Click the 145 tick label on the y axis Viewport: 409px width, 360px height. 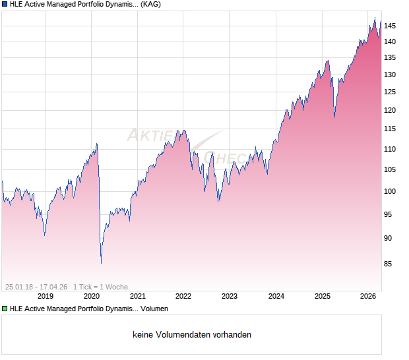(x=391, y=26)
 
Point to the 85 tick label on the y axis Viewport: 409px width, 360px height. (x=389, y=264)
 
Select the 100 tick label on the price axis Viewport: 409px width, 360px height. (x=391, y=192)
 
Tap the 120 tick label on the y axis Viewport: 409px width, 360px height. (x=391, y=110)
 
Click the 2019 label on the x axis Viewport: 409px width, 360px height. (x=45, y=296)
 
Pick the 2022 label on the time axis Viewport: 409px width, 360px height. (x=183, y=296)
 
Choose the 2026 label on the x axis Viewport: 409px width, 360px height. (x=367, y=296)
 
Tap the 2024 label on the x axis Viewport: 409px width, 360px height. (x=275, y=296)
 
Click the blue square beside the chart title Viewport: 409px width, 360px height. (x=5, y=5)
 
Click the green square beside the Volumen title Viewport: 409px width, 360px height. (x=5, y=309)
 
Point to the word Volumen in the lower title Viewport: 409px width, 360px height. (x=154, y=309)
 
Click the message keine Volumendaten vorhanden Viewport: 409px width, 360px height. (x=192, y=335)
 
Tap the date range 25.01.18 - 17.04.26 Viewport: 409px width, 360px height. (x=36, y=287)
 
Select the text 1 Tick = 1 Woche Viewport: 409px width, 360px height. (x=100, y=287)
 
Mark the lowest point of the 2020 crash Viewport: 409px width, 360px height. (x=101, y=263)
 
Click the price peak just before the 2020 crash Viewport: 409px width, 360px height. (x=97, y=143)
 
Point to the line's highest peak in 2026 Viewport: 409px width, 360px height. (x=375, y=18)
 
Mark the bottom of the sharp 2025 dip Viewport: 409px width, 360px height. (x=334, y=117)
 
